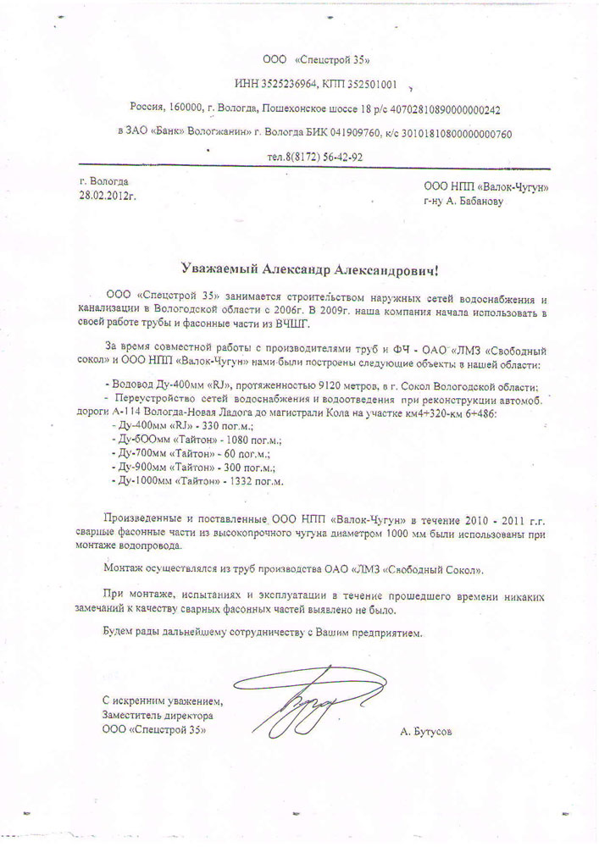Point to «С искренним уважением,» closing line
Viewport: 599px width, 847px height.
click(160, 700)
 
